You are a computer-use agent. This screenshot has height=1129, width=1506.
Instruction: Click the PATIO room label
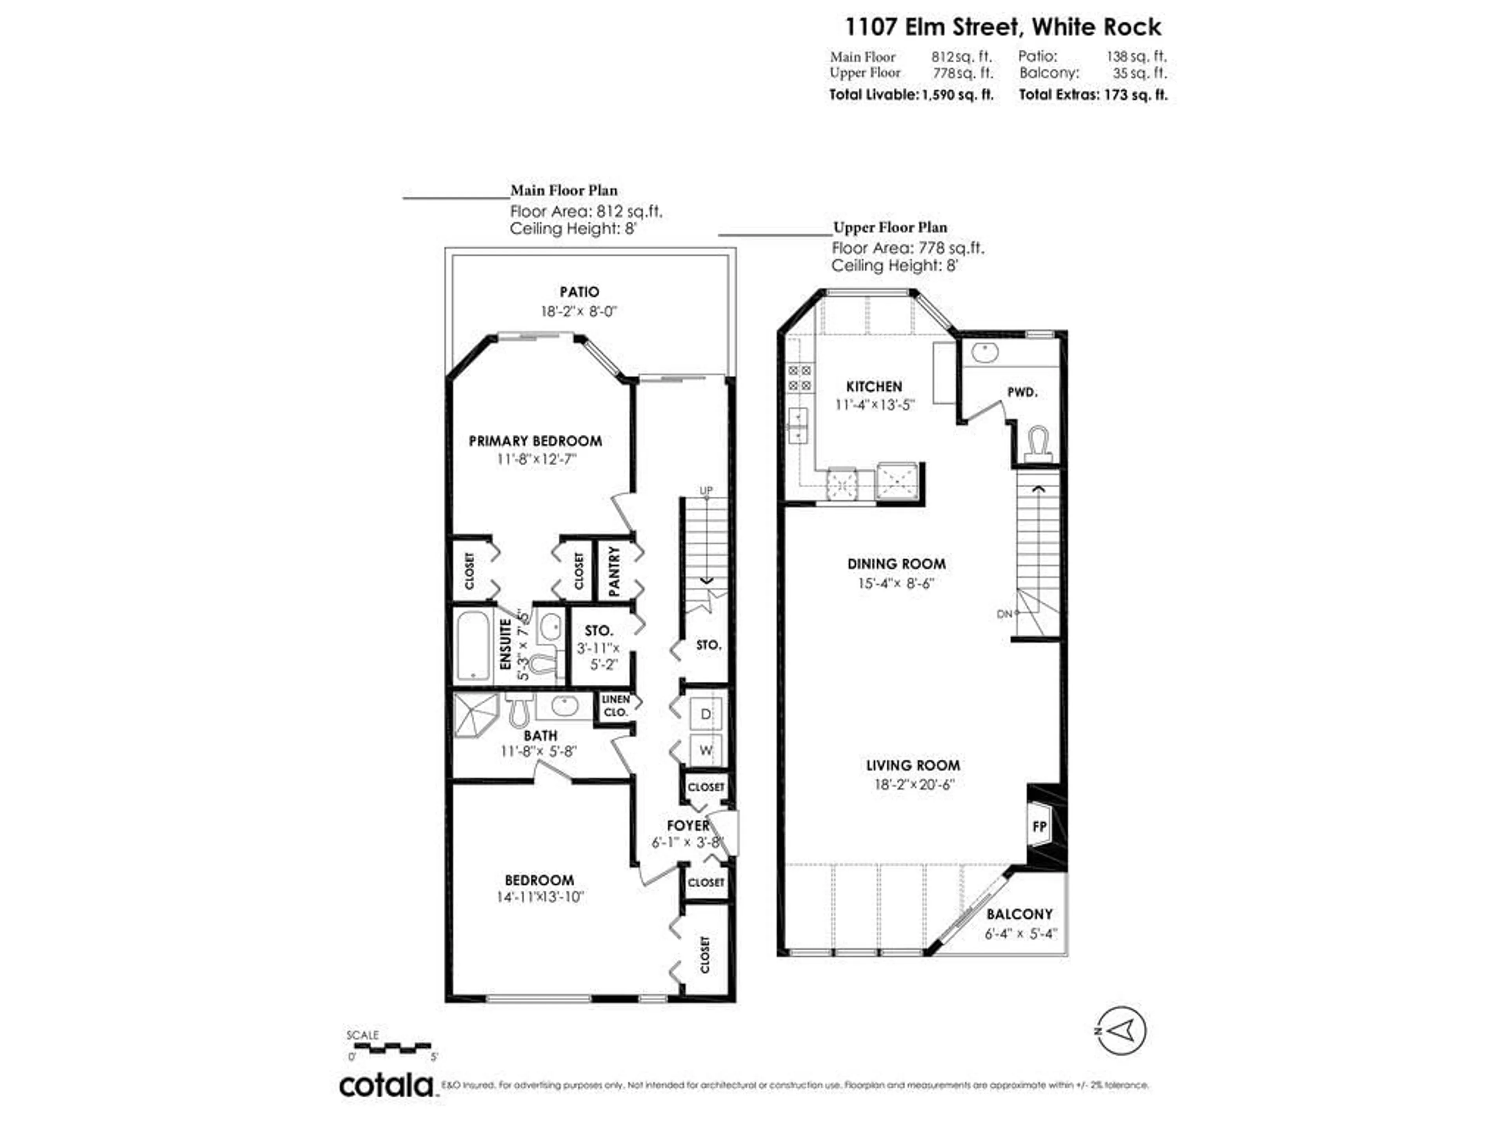[x=579, y=292]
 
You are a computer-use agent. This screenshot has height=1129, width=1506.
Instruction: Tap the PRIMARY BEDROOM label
[x=535, y=441]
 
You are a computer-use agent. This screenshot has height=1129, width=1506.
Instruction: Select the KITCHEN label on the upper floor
[x=874, y=387]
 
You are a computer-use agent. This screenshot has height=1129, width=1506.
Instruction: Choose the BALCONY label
[x=1019, y=914]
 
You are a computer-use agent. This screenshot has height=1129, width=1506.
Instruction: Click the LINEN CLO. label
[x=615, y=706]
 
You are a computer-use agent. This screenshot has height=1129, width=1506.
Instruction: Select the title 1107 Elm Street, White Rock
[x=1003, y=27]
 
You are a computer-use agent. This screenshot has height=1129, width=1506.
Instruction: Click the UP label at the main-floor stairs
[x=706, y=490]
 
